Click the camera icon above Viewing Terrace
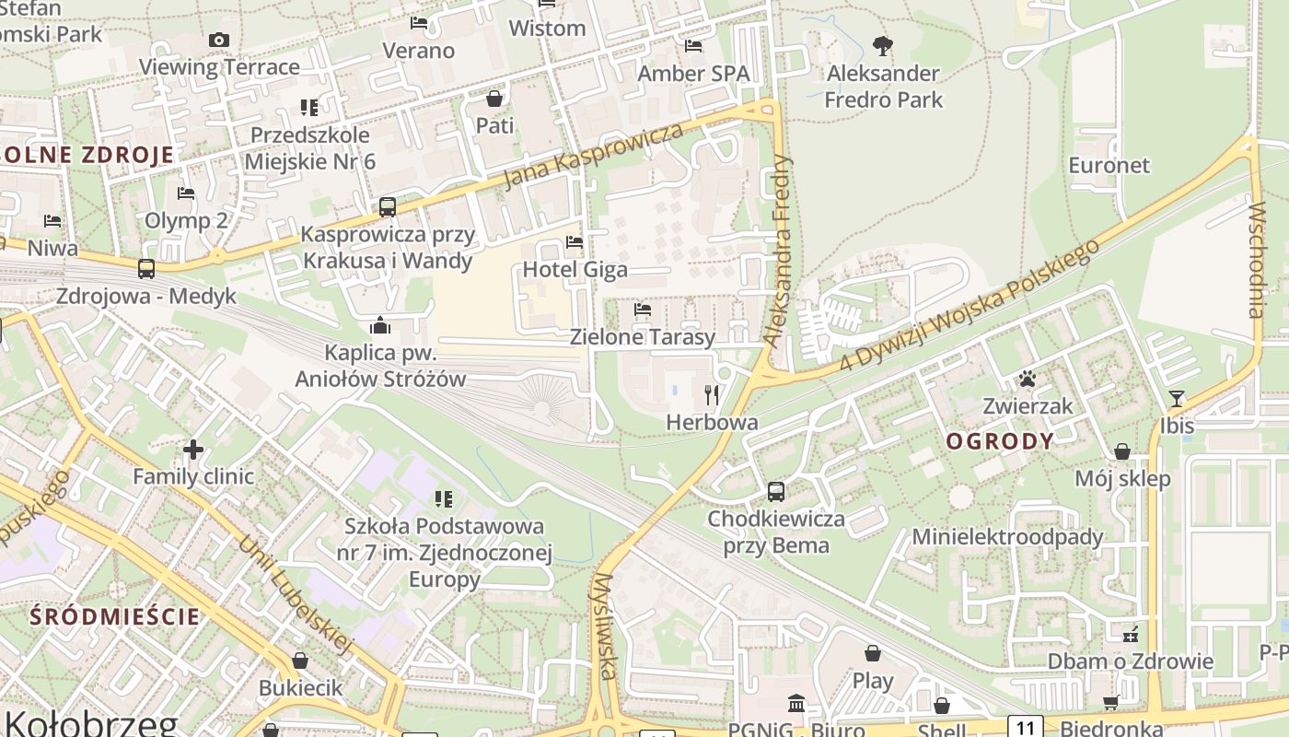pos(219,40)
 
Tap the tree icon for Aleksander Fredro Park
pos(883,45)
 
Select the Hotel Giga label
pos(575,269)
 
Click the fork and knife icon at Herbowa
pos(711,395)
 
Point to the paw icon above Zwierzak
pos(1028,379)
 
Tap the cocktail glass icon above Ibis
pos(1176,399)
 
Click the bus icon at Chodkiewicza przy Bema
pos(776,492)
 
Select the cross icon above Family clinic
pos(193,450)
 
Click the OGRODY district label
pos(1000,441)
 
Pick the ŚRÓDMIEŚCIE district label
pos(115,616)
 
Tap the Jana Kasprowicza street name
pos(595,155)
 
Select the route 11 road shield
pos(1025,725)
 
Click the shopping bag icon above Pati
pos(494,99)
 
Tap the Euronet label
pos(1109,166)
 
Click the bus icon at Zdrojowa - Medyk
pos(146,269)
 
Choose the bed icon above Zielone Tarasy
pos(643,310)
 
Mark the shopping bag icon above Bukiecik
pos(300,661)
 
